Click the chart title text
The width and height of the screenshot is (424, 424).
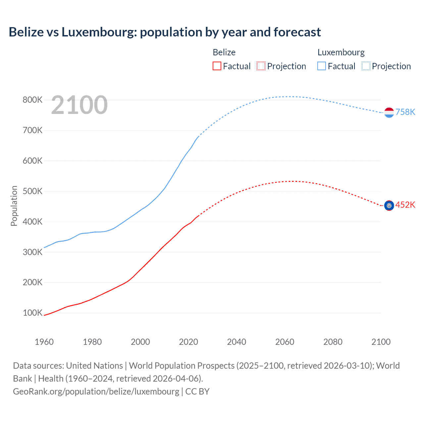pyautogui.click(x=165, y=32)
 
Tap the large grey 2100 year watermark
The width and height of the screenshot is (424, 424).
pyautogui.click(x=79, y=105)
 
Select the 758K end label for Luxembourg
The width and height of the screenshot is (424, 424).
pyautogui.click(x=405, y=112)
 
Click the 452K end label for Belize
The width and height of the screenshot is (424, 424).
pyautogui.click(x=405, y=205)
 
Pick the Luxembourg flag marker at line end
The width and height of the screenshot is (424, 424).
pyautogui.click(x=389, y=113)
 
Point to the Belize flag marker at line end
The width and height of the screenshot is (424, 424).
pyautogui.click(x=389, y=206)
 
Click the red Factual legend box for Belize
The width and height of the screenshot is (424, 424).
pyautogui.click(x=217, y=66)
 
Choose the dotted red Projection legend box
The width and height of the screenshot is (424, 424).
pyautogui.click(x=261, y=66)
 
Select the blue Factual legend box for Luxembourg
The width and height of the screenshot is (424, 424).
pyautogui.click(x=321, y=66)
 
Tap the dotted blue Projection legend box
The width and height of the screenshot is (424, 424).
pyautogui.click(x=366, y=66)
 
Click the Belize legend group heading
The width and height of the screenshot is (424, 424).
pyautogui.click(x=224, y=52)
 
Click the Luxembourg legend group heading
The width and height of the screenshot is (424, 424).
pyautogui.click(x=341, y=52)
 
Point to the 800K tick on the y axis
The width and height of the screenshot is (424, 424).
pyautogui.click(x=32, y=100)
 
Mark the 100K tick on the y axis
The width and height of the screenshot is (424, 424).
pyautogui.click(x=32, y=313)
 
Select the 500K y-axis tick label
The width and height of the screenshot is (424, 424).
pyautogui.click(x=32, y=191)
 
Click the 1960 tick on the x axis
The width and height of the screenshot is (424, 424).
pyautogui.click(x=44, y=342)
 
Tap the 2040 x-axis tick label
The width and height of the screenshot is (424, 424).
pyautogui.click(x=237, y=342)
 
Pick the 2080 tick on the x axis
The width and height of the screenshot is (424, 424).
pyautogui.click(x=333, y=342)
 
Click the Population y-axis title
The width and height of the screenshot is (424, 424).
pyautogui.click(x=14, y=206)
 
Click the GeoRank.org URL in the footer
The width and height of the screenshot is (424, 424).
pyautogui.click(x=96, y=392)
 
